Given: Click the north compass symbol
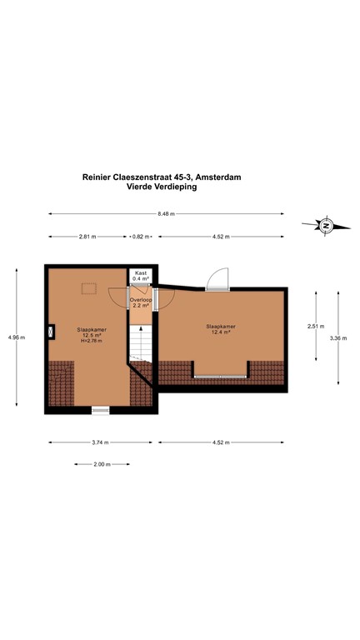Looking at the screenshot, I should point(327,225).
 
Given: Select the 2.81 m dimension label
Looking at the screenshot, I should point(87,237).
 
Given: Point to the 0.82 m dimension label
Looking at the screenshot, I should point(141,237).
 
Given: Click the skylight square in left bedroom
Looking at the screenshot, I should point(87,288).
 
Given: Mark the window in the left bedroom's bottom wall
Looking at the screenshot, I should point(101,410).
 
